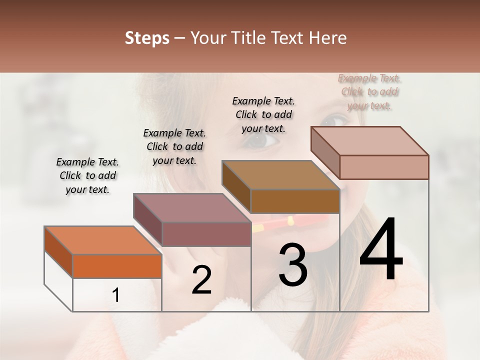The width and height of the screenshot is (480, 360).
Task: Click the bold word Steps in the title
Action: coord(147,38)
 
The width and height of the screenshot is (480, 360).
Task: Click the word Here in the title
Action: coord(328,38)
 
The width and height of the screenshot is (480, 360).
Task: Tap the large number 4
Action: coord(381,250)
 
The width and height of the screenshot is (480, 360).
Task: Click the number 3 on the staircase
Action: coord(292,265)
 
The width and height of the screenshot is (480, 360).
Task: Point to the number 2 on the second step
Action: coord(201,280)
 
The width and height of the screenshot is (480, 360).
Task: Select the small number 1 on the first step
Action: coord(115,295)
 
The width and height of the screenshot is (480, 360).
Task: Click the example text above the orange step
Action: coord(87,175)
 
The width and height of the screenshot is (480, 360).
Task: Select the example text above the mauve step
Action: coord(174,146)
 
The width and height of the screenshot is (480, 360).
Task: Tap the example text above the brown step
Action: coord(263,114)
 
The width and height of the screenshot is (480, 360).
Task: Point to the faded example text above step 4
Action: coord(369,91)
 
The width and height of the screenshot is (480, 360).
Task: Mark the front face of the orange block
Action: coord(117,266)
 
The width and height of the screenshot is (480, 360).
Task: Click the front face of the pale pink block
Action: coord(384,167)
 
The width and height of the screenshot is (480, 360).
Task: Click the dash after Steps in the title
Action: coord(181,38)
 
